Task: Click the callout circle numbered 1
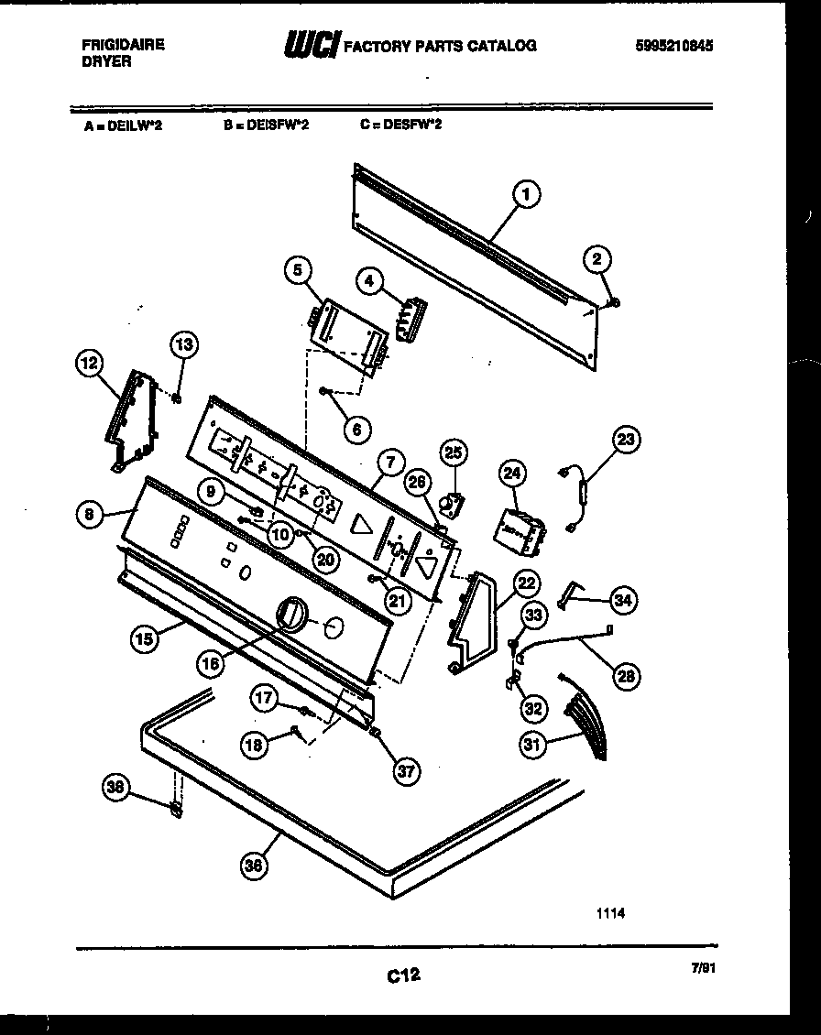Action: tap(525, 193)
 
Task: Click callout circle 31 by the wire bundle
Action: tap(532, 745)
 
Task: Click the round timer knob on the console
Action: tap(290, 613)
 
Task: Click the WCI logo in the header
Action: tap(312, 44)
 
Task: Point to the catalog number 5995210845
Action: tap(674, 45)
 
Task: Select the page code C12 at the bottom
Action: tap(403, 976)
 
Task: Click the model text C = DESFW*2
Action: tap(400, 125)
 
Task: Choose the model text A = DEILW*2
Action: tap(125, 127)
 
